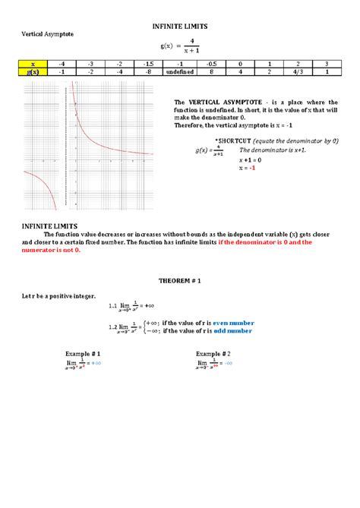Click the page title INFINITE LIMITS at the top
coord(179,27)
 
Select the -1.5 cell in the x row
coord(149,64)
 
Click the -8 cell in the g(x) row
coord(149,71)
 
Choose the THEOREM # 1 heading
coord(179,279)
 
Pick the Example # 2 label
coord(213,355)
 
